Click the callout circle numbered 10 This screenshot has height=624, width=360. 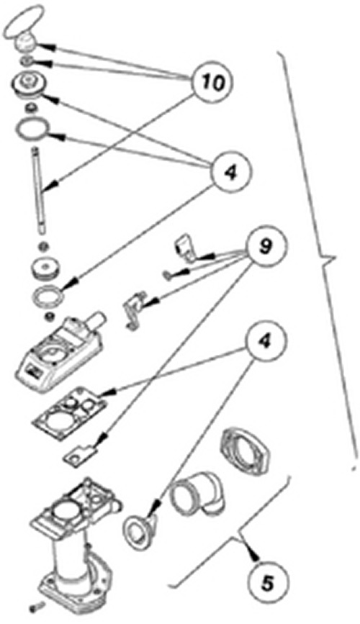click(x=212, y=82)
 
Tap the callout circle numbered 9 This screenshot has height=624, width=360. click(x=265, y=246)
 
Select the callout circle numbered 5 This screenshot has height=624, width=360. click(x=267, y=584)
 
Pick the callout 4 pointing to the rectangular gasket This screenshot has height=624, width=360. click(x=265, y=343)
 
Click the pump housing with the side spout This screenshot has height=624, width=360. click(x=63, y=356)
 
